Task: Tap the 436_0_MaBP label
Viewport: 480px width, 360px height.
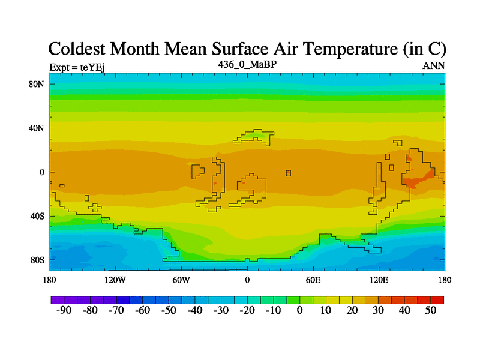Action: pos(247,64)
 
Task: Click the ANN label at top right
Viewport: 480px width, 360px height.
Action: pos(434,66)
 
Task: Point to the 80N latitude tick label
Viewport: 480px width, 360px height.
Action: pos(37,84)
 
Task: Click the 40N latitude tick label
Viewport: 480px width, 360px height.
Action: pos(37,128)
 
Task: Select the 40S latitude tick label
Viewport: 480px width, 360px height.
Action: pos(37,216)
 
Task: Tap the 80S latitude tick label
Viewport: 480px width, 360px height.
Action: pos(37,260)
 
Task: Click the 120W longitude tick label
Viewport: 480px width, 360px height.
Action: pos(115,280)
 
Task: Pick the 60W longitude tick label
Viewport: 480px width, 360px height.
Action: pos(181,280)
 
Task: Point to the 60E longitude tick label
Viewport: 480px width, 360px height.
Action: pos(313,280)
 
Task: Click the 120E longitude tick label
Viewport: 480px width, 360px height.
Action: pos(379,280)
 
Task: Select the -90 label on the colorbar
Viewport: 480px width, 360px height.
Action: pos(63,310)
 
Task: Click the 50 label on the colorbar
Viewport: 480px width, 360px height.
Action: pos(430,310)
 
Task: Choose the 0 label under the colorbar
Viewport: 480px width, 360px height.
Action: pos(299,310)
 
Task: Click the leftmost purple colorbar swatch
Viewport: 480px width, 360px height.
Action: pos(58,299)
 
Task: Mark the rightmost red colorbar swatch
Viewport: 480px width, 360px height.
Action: pos(437,299)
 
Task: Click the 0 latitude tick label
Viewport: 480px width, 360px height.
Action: pos(42,172)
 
